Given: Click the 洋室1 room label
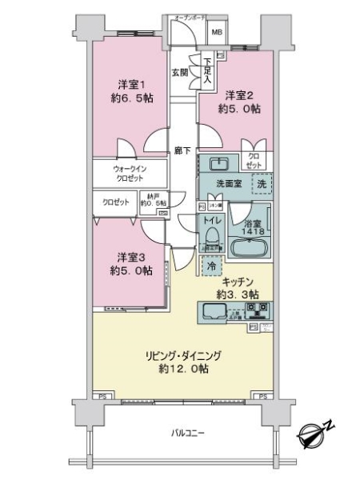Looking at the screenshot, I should tap(130, 85).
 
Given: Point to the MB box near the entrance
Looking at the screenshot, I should tap(217, 33).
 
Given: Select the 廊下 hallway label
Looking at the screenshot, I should tap(183, 150).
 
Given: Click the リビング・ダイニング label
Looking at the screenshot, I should tap(182, 354).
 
